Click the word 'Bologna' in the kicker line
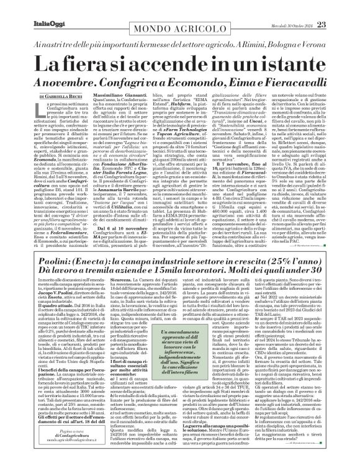(281, 45)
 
